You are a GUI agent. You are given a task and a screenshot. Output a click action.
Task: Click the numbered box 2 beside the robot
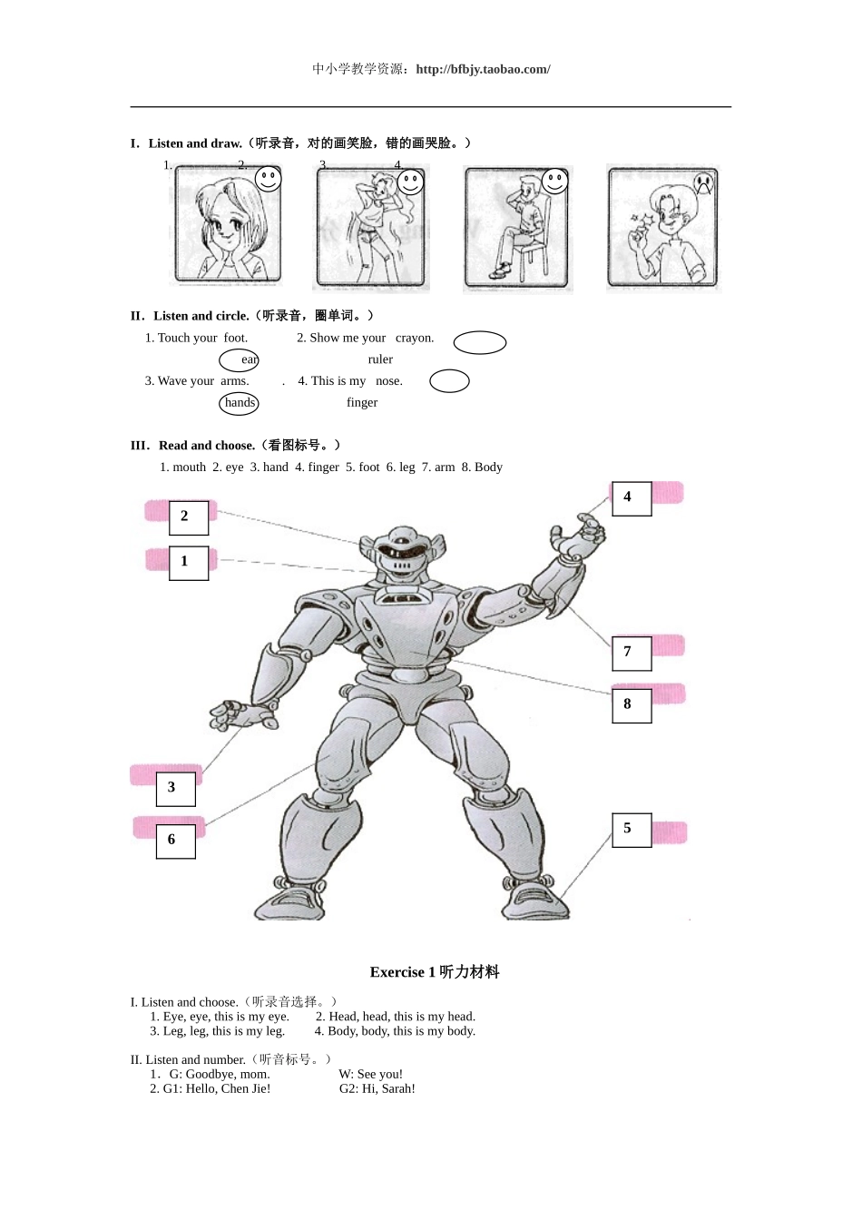tap(189, 517)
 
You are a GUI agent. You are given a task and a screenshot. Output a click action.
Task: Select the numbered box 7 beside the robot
tap(632, 653)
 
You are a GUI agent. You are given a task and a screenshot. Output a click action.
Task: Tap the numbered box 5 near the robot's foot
tap(632, 830)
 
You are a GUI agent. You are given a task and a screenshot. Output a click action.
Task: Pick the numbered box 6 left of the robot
tap(175, 841)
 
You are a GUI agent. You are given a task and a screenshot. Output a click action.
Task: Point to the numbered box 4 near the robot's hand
tap(632, 498)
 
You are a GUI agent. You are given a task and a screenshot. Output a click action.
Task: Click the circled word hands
tap(240, 403)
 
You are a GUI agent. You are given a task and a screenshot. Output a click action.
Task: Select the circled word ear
tap(240, 359)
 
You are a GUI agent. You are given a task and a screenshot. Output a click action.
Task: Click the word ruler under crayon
tap(380, 359)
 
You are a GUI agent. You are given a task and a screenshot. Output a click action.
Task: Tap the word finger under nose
tap(362, 403)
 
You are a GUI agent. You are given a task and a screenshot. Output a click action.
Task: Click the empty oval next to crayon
tap(479, 342)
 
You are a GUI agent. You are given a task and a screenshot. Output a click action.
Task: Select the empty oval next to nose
tap(449, 381)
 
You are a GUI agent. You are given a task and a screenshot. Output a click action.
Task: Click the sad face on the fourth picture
tap(703, 183)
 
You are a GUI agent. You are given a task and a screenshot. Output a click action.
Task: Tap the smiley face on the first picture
tap(268, 179)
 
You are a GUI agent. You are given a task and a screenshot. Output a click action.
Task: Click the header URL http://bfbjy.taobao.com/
tap(483, 69)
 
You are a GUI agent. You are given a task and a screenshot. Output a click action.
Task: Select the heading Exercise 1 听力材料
tap(435, 972)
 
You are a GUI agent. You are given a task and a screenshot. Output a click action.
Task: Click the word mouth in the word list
tap(189, 467)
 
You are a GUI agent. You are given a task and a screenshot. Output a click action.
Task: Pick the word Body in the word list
tap(488, 467)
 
